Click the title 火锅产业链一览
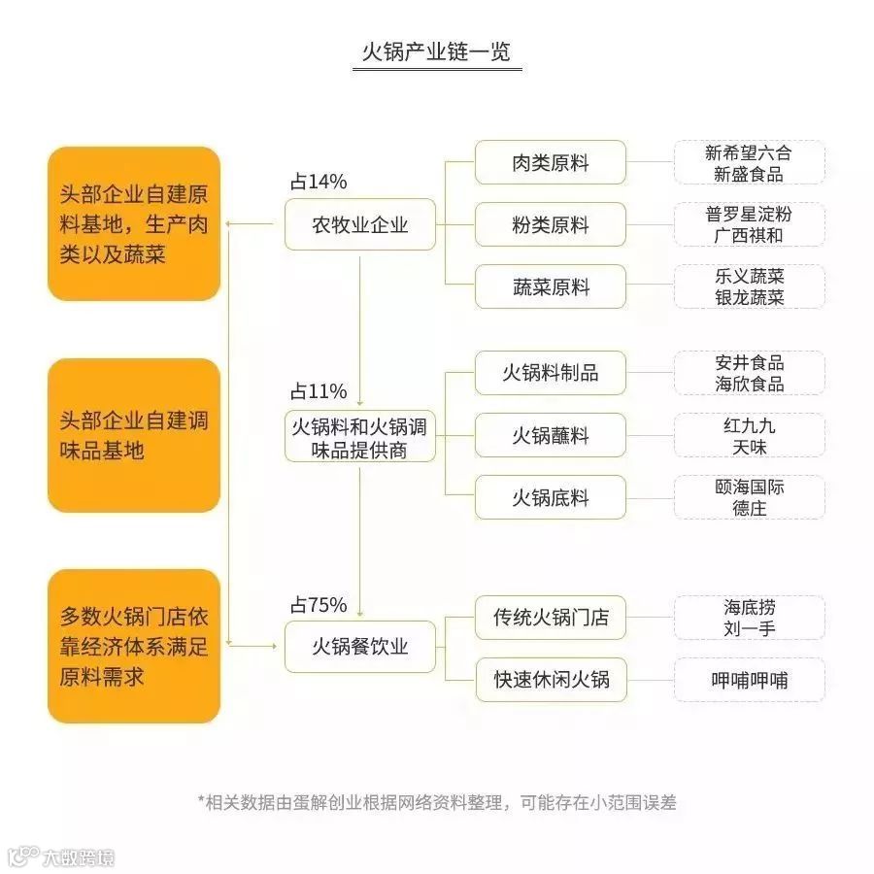pyautogui.click(x=436, y=51)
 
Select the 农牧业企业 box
pyautogui.click(x=359, y=225)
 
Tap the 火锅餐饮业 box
pyautogui.click(x=359, y=646)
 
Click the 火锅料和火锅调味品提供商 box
pyautogui.click(x=359, y=436)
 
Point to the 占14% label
pyautogui.click(x=318, y=182)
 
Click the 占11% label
pyautogui.click(x=318, y=392)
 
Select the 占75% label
pyautogui.click(x=318, y=605)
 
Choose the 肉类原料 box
pyautogui.click(x=550, y=162)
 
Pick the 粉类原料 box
pyautogui.click(x=550, y=225)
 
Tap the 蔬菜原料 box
pyautogui.click(x=550, y=287)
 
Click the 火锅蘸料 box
pyautogui.click(x=550, y=436)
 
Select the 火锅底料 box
pyautogui.click(x=550, y=498)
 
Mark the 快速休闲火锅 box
pyautogui.click(x=550, y=680)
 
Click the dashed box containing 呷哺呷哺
pyautogui.click(x=749, y=680)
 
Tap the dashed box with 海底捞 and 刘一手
pyautogui.click(x=749, y=618)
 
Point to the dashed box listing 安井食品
pyautogui.click(x=749, y=373)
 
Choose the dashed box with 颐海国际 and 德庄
pyautogui.click(x=749, y=497)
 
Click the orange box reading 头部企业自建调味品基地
pyautogui.click(x=134, y=435)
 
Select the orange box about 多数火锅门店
pyautogui.click(x=134, y=646)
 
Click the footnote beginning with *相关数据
pyautogui.click(x=436, y=802)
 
